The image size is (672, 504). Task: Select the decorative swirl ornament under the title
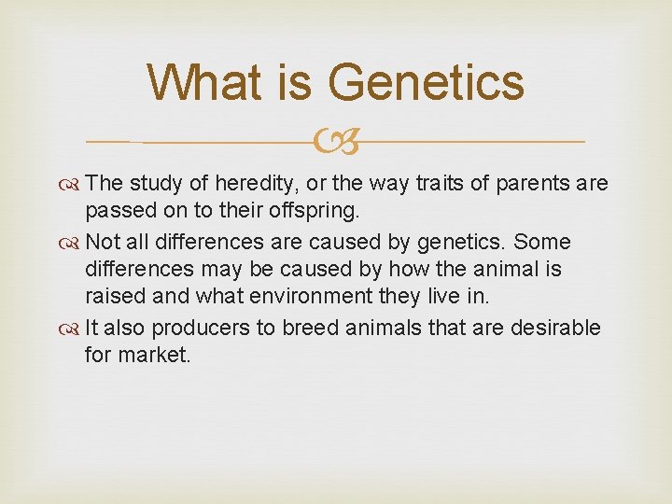pyautogui.click(x=335, y=143)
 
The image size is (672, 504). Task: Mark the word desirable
pyautogui.click(x=551, y=329)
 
